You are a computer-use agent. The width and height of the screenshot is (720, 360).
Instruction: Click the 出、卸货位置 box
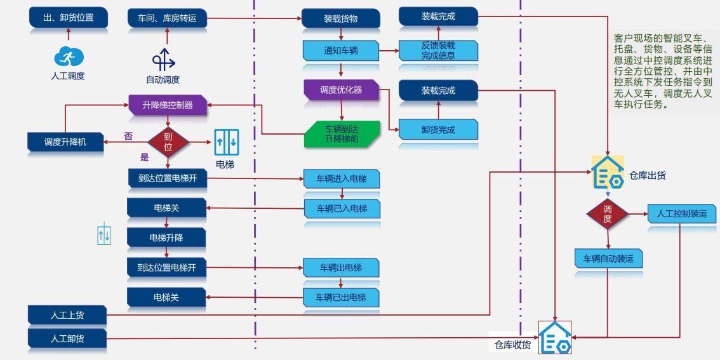tap(68, 18)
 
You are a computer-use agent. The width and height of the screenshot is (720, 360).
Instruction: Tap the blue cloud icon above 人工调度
tap(68, 57)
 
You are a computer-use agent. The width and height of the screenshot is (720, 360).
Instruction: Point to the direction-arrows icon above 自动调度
tap(163, 60)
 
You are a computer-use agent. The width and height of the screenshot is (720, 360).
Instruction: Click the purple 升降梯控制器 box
tap(168, 105)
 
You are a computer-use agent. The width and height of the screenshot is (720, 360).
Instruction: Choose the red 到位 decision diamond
tap(168, 141)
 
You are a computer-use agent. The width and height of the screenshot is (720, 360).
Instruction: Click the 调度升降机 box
tap(65, 142)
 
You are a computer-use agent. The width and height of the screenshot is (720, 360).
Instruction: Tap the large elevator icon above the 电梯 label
tap(226, 142)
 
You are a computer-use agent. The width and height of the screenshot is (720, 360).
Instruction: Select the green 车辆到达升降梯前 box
tap(342, 133)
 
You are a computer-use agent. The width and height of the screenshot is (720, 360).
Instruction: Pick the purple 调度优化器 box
tap(341, 90)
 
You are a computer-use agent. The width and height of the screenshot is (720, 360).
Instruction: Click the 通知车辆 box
tap(341, 50)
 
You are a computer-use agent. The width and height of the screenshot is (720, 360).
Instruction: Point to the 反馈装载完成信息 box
tap(438, 50)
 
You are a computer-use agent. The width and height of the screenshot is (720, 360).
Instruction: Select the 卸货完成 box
tap(438, 130)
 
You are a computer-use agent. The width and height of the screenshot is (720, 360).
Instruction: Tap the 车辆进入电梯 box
tap(342, 179)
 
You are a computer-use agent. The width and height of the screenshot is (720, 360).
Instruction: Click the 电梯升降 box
tap(166, 237)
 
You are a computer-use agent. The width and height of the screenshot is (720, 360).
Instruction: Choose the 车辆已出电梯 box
tap(341, 297)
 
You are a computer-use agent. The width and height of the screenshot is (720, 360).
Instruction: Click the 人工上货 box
tap(66, 314)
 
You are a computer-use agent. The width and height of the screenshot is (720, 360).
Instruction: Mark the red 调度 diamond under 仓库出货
tap(608, 214)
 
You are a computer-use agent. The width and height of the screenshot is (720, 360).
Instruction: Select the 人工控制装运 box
tap(682, 213)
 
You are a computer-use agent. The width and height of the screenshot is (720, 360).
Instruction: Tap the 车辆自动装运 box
tap(608, 258)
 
